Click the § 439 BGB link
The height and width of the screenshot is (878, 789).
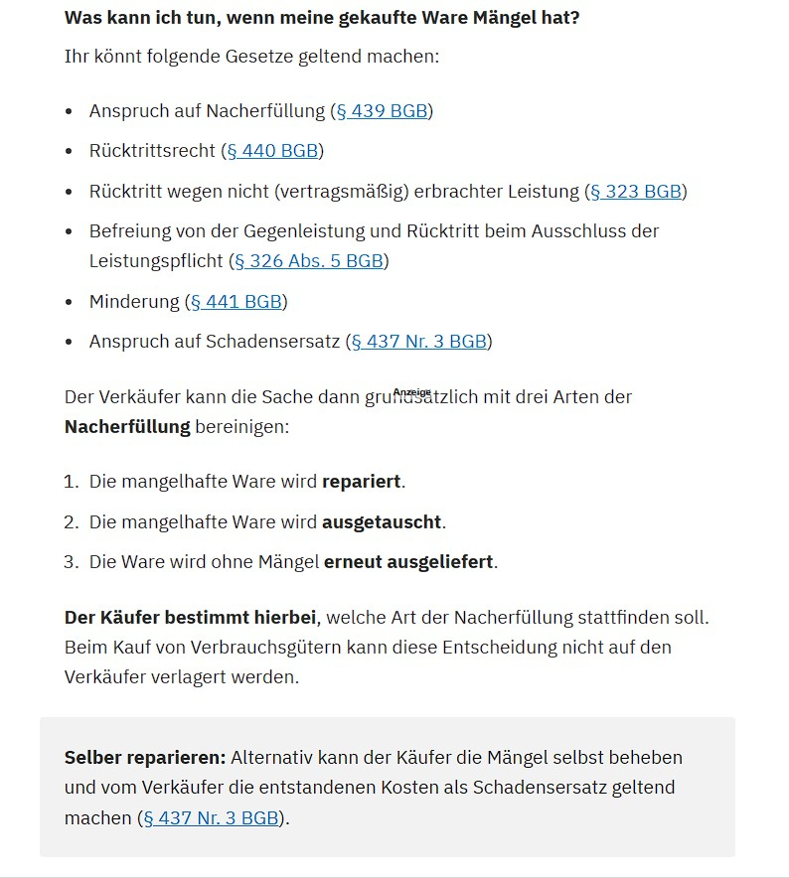pyautogui.click(x=382, y=111)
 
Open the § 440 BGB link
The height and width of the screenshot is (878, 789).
pyautogui.click(x=272, y=151)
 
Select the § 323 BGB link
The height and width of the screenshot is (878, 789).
pyautogui.click(x=636, y=192)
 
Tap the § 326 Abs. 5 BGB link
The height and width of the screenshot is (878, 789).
pyautogui.click(x=308, y=261)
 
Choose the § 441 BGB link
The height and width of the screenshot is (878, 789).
pyautogui.click(x=236, y=302)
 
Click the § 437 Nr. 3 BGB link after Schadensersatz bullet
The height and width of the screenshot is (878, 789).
pyautogui.click(x=418, y=342)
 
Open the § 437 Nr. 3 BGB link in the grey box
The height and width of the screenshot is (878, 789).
pyautogui.click(x=211, y=818)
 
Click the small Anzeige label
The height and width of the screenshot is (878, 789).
pyautogui.click(x=412, y=392)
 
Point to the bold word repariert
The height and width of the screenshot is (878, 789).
pyautogui.click(x=361, y=482)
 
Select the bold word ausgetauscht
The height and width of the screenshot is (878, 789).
pyautogui.click(x=382, y=522)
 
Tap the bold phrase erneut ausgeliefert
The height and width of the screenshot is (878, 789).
pyautogui.click(x=408, y=562)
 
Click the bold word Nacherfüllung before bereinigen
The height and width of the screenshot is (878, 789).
pyautogui.click(x=127, y=427)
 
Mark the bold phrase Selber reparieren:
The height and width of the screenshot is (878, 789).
pyautogui.click(x=145, y=758)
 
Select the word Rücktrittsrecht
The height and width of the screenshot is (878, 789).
pyautogui.click(x=152, y=151)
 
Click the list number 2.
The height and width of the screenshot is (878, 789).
pyautogui.click(x=70, y=522)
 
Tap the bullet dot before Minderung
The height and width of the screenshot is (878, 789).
pyautogui.click(x=69, y=302)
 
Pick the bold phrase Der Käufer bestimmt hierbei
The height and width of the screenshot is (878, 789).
pyautogui.click(x=191, y=618)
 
